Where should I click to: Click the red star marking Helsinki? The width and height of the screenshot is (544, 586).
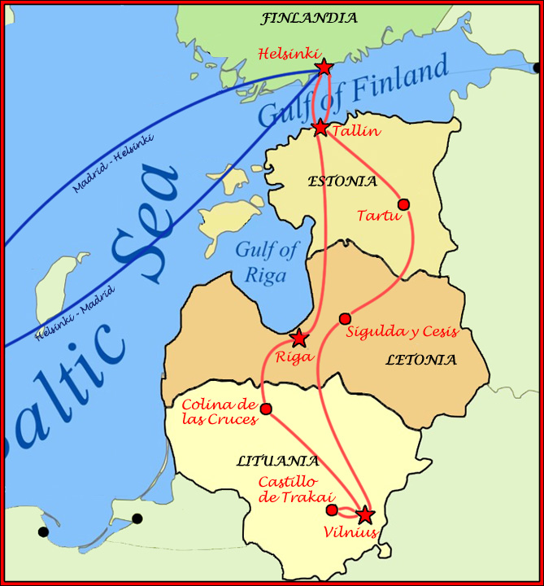point(324,68)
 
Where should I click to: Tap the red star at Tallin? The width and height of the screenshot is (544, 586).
point(320,128)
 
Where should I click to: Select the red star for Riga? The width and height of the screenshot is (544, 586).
point(300,338)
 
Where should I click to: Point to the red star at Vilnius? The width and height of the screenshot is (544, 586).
point(364,514)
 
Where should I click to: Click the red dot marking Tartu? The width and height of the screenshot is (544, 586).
point(403,204)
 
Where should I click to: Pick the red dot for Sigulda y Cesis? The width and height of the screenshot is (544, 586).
point(345,318)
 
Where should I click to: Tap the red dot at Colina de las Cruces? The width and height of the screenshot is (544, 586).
point(266,409)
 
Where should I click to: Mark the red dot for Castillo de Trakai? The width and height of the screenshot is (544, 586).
point(332,510)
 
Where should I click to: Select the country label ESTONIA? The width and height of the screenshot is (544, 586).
point(342,181)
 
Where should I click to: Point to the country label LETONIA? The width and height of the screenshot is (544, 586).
point(421,360)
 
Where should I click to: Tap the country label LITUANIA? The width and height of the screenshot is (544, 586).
point(277,461)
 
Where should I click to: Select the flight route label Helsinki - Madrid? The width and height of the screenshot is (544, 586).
point(76,313)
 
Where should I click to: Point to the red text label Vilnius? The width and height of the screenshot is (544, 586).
point(350,533)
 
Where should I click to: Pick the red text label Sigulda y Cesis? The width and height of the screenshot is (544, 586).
point(403,332)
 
